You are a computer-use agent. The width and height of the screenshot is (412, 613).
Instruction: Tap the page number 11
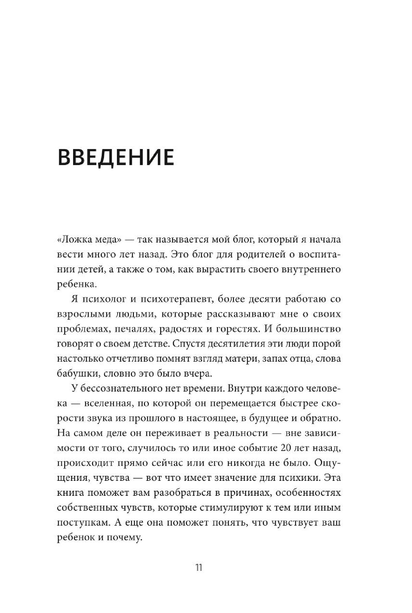199,567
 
